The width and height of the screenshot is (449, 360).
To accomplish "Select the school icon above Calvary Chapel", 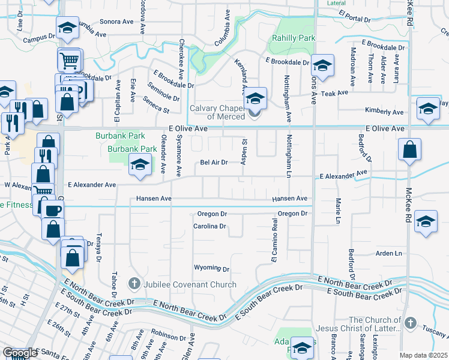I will (x=256, y=97).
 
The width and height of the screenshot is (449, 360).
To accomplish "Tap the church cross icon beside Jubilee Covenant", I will (x=135, y=283).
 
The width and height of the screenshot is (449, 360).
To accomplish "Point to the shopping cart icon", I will (x=69, y=60).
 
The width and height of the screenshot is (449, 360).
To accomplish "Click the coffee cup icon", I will (x=52, y=209).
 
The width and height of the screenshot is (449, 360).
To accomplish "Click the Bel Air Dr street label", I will (x=214, y=162).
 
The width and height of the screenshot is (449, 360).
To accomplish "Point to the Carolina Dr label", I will (x=209, y=227).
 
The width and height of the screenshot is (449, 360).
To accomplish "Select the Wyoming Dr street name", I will (x=212, y=268).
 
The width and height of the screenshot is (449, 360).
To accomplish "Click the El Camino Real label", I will (x=274, y=241).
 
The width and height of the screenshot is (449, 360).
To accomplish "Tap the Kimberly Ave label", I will (x=385, y=112).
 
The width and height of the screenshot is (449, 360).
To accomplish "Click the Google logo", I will (x=20, y=353).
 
